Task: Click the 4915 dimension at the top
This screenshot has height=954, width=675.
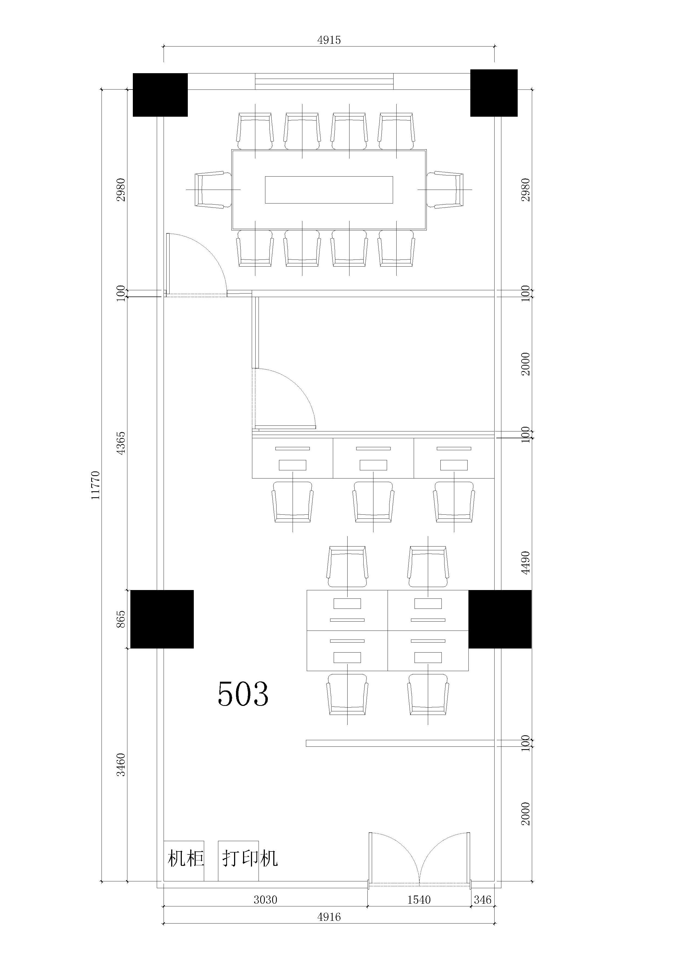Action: pos(329,40)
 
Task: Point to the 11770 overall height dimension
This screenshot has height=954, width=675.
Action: pos(96,485)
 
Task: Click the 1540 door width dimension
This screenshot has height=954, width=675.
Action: pos(419,900)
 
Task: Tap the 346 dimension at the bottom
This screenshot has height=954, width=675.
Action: pos(483,900)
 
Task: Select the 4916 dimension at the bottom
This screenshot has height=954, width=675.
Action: pos(329,917)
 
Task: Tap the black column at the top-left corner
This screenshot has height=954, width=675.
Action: pos(160,95)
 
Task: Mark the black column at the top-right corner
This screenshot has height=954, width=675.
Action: pos(494,93)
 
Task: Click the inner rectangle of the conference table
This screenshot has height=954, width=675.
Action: pos(329,190)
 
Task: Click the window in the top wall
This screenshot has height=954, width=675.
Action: pos(324,81)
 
